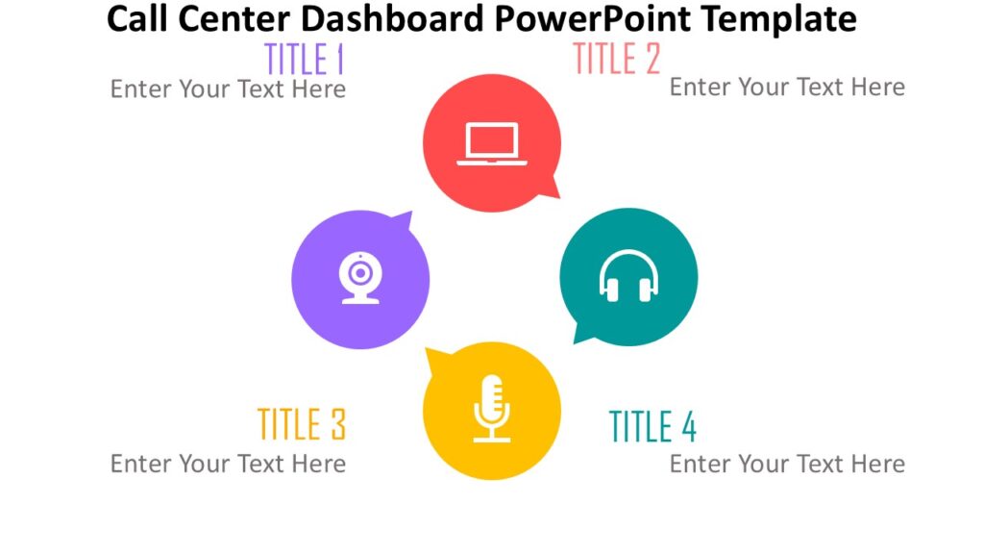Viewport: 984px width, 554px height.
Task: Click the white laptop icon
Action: point(491,143)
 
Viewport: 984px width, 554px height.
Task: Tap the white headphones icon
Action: point(628,276)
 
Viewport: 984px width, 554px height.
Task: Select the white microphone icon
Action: point(491,409)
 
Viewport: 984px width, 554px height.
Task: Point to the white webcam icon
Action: point(360,278)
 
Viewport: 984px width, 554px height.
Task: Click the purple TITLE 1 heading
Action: point(304,60)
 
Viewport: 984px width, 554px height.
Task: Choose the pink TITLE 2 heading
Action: point(616,60)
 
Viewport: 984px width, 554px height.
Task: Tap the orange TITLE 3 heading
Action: point(301,424)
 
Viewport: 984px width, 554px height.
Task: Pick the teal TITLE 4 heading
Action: point(652,426)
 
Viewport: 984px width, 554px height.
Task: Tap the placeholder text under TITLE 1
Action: point(228,89)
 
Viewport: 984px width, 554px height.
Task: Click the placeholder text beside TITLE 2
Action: point(787,88)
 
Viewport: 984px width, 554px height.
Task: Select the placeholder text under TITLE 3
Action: point(228,464)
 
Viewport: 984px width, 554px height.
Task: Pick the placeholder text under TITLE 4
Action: point(787,464)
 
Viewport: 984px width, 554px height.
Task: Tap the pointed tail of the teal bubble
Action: point(580,335)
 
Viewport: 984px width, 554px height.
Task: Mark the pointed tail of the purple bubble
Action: point(405,220)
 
